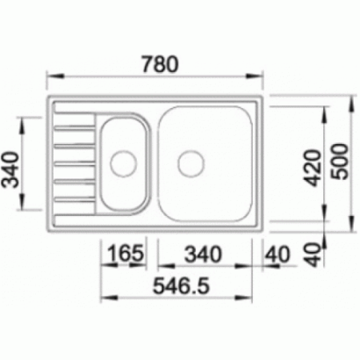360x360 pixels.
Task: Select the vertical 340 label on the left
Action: pyautogui.click(x=14, y=170)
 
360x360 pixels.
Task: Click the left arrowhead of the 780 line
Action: pyautogui.click(x=48, y=77)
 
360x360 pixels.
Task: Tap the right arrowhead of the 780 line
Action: pyautogui.click(x=261, y=77)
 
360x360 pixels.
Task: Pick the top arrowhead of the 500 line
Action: pyautogui.click(x=353, y=101)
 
